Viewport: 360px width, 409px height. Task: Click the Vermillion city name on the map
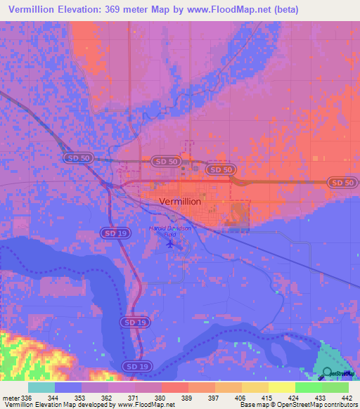click(x=181, y=201)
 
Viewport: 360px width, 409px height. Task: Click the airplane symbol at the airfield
click(x=169, y=245)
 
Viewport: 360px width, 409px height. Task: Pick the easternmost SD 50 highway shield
click(x=341, y=183)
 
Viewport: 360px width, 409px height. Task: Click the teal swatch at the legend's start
click(x=41, y=387)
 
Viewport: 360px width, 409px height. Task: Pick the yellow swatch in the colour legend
click(x=282, y=387)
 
